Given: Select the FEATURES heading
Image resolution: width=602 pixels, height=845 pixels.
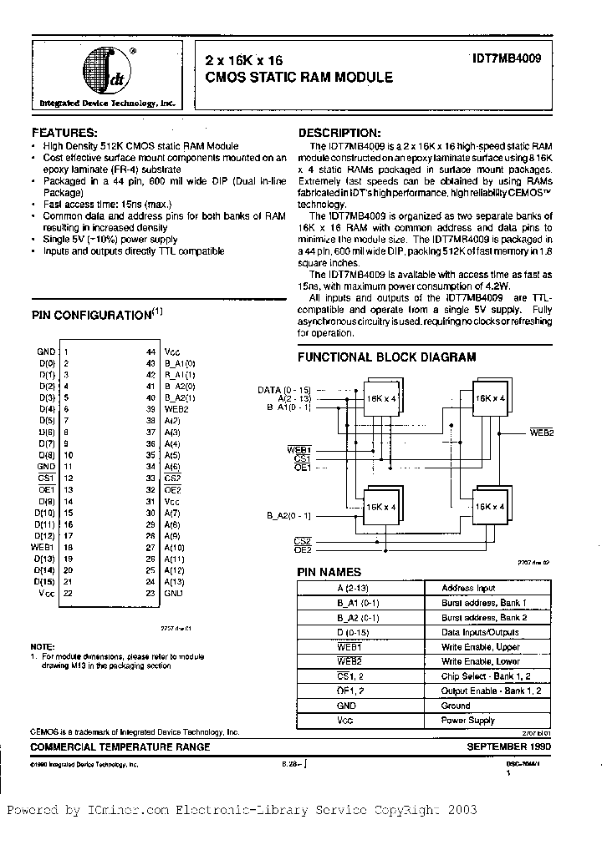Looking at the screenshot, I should coord(64,133).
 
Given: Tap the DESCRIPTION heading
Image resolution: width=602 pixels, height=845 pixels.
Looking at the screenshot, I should coord(339,133).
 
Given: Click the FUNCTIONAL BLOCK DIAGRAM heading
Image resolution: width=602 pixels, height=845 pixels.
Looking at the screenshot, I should coord(387,357).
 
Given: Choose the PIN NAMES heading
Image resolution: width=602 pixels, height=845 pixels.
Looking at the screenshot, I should coord(329,572).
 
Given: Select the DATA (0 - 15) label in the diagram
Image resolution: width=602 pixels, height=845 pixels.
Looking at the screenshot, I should coord(284,390).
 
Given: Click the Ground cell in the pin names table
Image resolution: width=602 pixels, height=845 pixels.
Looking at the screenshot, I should coord(456,706).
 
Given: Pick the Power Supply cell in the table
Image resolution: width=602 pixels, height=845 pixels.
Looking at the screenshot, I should coord(468,720).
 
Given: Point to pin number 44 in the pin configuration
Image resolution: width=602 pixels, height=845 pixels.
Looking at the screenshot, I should coord(151,352).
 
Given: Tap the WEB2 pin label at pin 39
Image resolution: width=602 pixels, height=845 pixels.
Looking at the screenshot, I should coord(175,409).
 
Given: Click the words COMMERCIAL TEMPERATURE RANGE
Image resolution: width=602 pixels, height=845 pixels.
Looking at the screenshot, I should coord(120,746).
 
